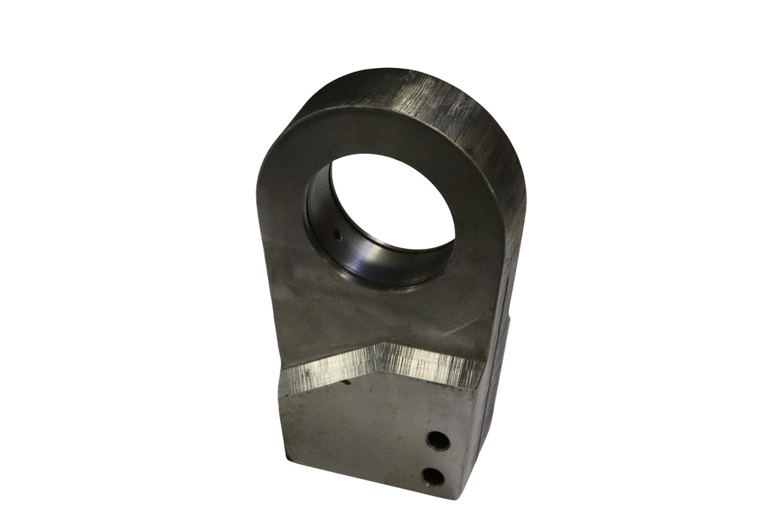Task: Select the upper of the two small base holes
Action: point(438,441)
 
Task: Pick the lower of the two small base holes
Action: point(432,476)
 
